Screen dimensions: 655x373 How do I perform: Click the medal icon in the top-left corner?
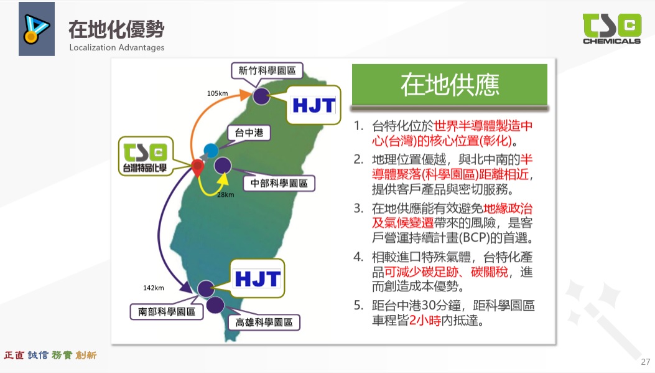(36, 29)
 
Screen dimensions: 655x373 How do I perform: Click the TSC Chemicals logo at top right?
(611, 29)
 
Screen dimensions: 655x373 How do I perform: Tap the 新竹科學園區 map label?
(267, 70)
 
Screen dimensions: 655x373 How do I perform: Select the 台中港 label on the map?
(249, 133)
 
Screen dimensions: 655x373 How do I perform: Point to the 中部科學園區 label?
(279, 183)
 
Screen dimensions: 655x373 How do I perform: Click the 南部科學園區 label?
(167, 311)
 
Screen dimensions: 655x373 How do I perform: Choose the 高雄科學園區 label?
(264, 323)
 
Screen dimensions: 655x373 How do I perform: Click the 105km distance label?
(217, 93)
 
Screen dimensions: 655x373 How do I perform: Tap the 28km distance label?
(226, 194)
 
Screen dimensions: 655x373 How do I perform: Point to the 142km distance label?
(153, 288)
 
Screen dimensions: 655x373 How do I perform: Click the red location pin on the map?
(198, 168)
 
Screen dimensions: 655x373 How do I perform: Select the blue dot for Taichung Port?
(211, 150)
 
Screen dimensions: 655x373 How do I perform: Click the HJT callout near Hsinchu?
(314, 105)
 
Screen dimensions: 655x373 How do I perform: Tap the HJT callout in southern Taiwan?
(258, 278)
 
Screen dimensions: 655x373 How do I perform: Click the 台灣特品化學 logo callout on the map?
(146, 156)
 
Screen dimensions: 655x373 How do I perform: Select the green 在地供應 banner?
(450, 85)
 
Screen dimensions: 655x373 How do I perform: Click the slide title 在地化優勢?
(116, 29)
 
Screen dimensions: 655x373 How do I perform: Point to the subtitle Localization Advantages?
(117, 48)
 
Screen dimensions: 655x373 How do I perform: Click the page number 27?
(646, 362)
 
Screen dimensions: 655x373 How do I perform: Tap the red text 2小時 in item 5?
(425, 321)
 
